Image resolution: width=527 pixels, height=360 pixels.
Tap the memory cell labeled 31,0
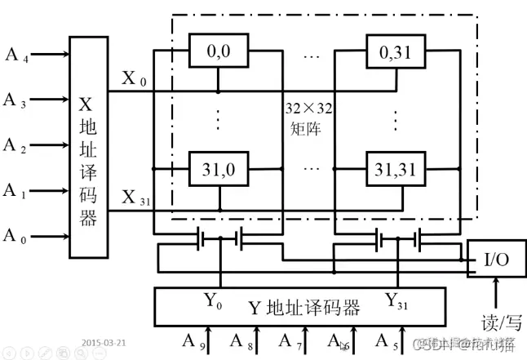(218, 170)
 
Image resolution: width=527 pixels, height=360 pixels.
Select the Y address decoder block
(303, 308)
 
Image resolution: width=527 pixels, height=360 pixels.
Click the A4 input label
(15, 56)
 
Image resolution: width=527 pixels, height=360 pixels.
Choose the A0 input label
(15, 238)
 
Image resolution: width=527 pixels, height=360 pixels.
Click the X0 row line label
(135, 79)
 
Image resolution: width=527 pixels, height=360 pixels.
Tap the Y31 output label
(397, 301)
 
